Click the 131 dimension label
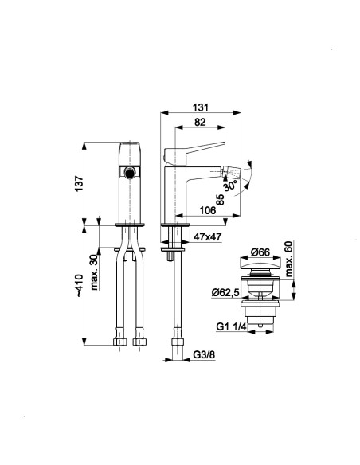[x=201, y=107]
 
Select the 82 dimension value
[x=200, y=122]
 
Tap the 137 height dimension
[x=79, y=184]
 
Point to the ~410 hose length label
[x=79, y=286]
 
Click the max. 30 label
[x=95, y=272]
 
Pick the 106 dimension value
[x=207, y=210]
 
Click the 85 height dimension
[x=220, y=200]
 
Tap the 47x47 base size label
[x=208, y=236]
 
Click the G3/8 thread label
[x=204, y=354]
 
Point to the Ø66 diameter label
[x=260, y=252]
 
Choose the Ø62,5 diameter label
[x=225, y=292]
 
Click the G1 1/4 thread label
[x=231, y=326]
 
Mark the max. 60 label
[x=288, y=259]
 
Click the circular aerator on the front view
[x=129, y=173]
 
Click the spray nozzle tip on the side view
[x=229, y=171]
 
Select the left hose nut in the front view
[x=120, y=342]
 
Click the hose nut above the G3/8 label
[x=178, y=342]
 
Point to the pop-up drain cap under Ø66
[x=260, y=264]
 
